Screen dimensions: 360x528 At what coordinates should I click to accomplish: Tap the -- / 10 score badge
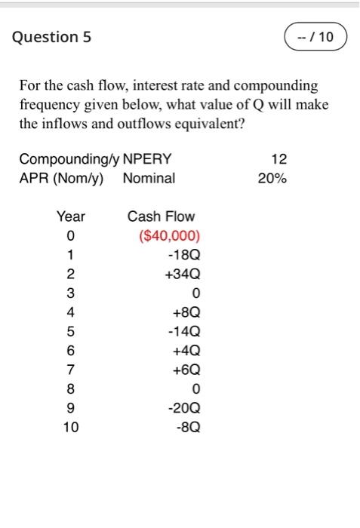pos(315,36)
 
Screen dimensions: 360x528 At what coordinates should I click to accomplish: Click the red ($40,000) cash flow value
pos(170,235)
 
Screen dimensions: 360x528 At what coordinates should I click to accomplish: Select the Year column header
pos(71,216)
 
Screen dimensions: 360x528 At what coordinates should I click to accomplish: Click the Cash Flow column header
pos(161,216)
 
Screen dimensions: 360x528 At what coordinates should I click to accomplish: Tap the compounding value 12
pos(278,159)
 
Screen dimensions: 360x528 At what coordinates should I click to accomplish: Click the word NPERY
pos(147,159)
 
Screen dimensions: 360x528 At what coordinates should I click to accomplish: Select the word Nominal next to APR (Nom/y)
pos(149,179)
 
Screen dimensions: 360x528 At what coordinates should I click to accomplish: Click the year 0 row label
pos(71,235)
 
